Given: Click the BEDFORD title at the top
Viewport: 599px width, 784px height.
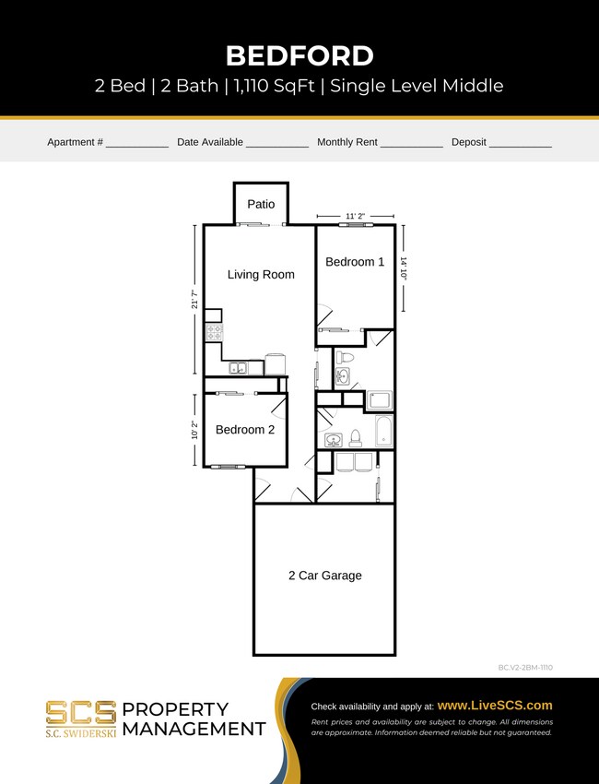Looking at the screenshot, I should click(299, 55).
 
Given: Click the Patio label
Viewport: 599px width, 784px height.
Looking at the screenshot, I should click(261, 204).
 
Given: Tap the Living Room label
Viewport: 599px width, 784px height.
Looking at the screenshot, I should click(261, 274).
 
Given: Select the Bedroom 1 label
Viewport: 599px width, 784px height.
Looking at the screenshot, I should click(355, 262).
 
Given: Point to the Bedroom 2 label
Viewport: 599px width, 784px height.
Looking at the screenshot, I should click(245, 430).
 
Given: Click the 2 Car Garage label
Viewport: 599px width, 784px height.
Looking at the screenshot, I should click(324, 576).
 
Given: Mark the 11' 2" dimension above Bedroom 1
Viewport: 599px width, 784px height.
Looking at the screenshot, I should click(355, 216).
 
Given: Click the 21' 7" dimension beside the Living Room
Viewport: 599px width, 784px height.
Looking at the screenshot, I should click(194, 300).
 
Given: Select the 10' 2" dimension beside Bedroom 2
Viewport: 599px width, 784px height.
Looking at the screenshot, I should click(194, 430).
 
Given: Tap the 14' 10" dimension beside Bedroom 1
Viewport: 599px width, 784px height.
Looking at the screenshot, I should click(404, 267).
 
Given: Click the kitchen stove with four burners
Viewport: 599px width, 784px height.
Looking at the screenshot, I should click(214, 332).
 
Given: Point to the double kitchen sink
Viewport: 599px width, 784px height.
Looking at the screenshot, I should click(238, 368).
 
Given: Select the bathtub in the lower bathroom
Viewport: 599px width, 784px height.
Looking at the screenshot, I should click(384, 432).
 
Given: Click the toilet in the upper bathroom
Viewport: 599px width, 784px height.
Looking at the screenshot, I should click(344, 357).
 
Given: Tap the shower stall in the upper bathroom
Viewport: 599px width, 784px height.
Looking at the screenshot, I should click(380, 400).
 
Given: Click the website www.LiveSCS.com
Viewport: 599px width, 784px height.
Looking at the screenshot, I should click(495, 705).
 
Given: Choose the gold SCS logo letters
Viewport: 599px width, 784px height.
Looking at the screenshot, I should click(81, 713).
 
